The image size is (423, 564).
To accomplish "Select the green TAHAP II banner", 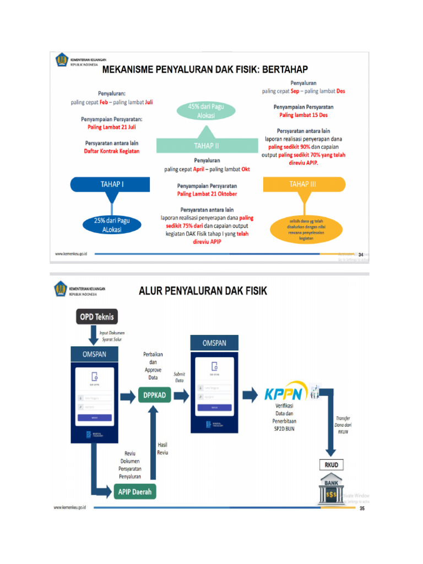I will tap(207, 146).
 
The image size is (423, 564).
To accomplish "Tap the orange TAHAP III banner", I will tap(303, 185).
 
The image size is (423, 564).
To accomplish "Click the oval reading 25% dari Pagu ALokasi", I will tap(107, 225).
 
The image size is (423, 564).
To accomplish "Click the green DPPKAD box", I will tap(154, 395).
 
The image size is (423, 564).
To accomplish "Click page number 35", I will tap(362, 508).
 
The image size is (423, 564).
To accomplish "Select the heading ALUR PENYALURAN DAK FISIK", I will tap(202, 290).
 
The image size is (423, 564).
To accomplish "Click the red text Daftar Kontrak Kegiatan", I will tap(111, 151).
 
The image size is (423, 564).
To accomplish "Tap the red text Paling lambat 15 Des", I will tap(303, 115).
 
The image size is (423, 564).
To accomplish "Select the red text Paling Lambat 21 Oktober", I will tap(207, 194).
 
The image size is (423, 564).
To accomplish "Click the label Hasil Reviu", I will tap(163, 448).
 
